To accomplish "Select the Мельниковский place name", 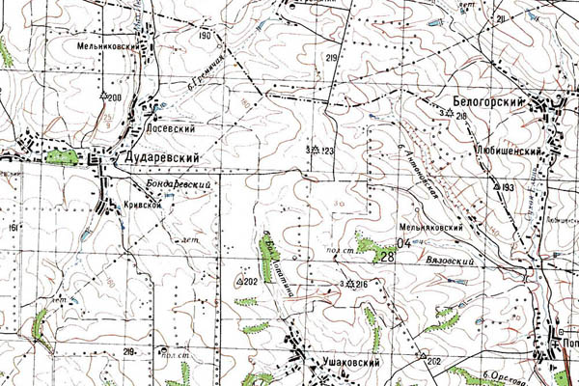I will click(105, 44).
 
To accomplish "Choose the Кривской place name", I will click(141, 205).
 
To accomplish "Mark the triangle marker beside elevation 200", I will click(102, 96).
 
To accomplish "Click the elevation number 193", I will click(509, 185).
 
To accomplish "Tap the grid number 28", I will click(387, 256).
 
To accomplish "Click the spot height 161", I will click(14, 228).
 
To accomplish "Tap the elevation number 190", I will click(205, 36).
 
